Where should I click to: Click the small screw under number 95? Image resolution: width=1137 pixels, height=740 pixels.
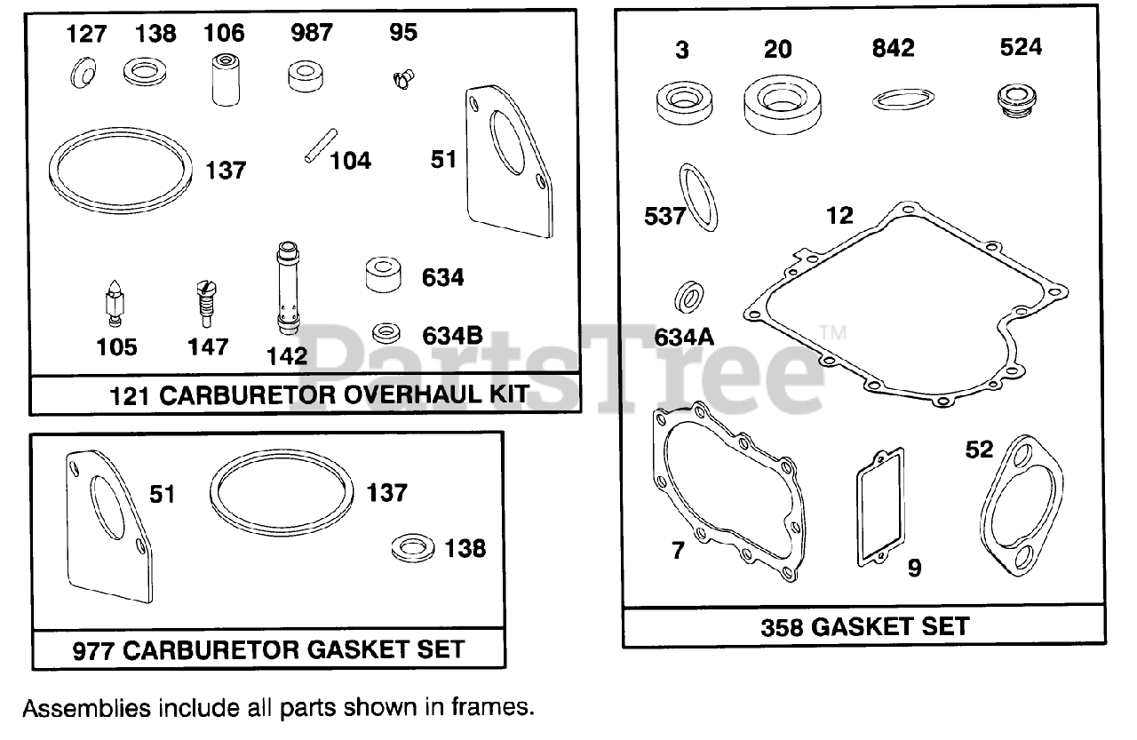point(402,80)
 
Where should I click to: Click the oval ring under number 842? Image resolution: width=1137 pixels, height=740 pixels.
point(903,99)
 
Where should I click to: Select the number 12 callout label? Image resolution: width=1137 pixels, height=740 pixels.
point(839,215)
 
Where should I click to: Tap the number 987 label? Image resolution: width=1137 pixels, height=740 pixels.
point(311,33)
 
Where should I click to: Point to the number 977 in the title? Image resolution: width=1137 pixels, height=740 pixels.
point(92,649)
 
